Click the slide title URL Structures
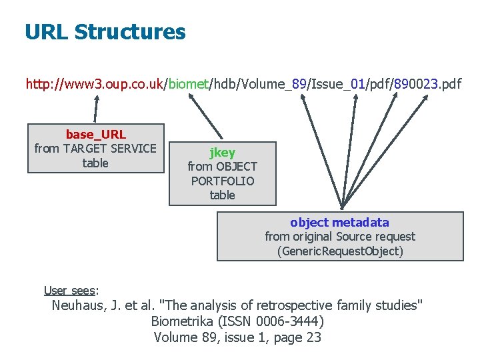tap(105, 32)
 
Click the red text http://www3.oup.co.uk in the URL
tap(95, 85)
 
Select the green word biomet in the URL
tap(189, 85)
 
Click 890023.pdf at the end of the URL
tap(427, 85)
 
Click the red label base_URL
tap(95, 135)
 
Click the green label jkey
tap(222, 152)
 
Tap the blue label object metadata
tap(339, 223)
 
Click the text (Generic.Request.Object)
tap(339, 251)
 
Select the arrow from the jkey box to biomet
tap(207, 117)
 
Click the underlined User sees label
tap(70, 290)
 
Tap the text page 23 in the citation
tap(296, 337)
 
